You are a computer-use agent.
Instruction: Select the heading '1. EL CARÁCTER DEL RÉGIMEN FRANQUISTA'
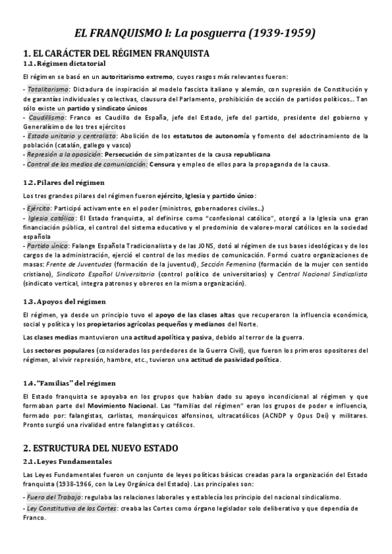tap(116, 53)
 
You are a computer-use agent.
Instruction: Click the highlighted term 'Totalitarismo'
tap(47, 90)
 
